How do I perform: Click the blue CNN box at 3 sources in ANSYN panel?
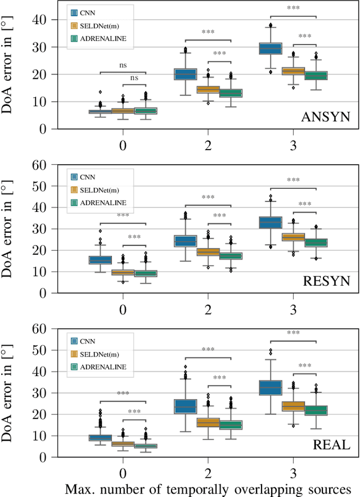270,49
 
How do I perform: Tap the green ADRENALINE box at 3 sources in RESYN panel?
316,243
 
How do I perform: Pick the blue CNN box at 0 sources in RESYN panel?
100,260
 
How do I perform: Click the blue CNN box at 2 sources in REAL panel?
185,406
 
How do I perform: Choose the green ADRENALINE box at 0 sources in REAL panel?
146,446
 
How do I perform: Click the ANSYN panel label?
325,117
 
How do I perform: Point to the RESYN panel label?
325,281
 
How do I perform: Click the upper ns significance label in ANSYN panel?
123,66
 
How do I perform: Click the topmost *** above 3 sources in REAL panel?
292,333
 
